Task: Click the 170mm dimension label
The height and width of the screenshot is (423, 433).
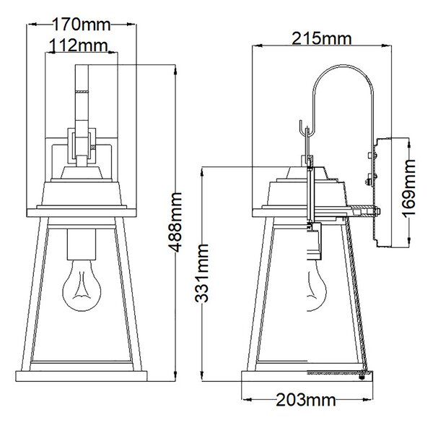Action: click(81, 25)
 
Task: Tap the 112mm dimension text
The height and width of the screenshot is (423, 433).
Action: click(78, 46)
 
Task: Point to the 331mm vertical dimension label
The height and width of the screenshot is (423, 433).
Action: click(201, 273)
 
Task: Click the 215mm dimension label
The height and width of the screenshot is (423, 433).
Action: click(322, 38)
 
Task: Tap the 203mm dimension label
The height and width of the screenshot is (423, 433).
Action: click(306, 399)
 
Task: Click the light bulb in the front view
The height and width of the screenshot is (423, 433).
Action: click(82, 286)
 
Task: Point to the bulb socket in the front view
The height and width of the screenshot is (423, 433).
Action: click(82, 244)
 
